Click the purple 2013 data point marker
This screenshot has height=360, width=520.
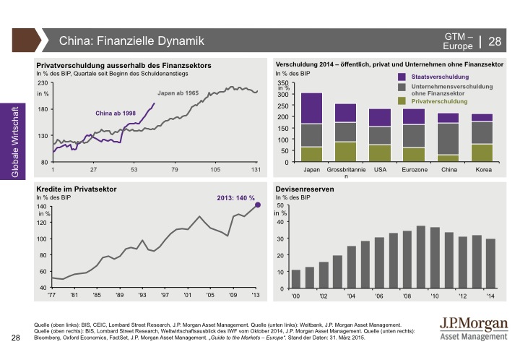[x=259, y=206]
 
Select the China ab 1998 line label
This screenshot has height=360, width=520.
[x=117, y=113]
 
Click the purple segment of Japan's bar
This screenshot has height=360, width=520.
[x=311, y=108]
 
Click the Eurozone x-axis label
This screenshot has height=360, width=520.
[x=414, y=171]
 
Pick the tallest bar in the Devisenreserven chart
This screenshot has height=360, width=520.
[x=421, y=257]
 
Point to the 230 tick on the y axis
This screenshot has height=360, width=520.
[x=42, y=83]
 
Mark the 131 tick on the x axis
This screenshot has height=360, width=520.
[x=256, y=171]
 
